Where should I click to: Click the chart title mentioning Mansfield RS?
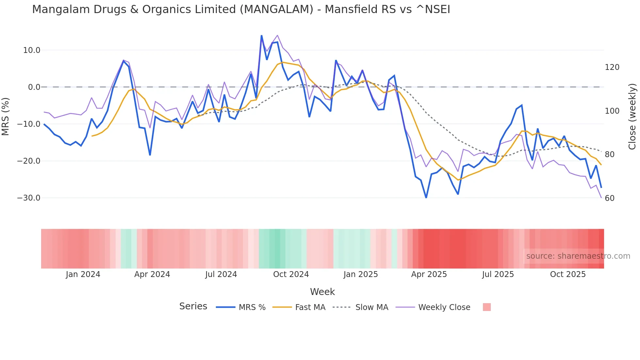tap(241, 9)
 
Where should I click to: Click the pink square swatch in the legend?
tap(487, 307)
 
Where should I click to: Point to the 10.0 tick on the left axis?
tap(32, 50)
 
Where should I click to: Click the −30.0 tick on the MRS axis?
tap(29, 198)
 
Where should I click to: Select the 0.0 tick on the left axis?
tap(34, 87)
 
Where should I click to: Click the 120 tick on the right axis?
tap(612, 67)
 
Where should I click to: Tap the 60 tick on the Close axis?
tap(609, 198)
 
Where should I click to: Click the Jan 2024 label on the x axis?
tap(83, 274)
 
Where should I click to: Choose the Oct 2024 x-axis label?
tap(291, 274)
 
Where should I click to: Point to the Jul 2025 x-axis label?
tap(498, 274)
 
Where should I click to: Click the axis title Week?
tap(322, 292)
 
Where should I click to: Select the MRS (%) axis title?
tap(6, 116)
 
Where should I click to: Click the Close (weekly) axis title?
tap(632, 117)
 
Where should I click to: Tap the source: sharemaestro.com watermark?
tap(578, 256)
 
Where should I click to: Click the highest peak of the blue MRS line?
tap(262, 36)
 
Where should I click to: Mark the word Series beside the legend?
tap(193, 306)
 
